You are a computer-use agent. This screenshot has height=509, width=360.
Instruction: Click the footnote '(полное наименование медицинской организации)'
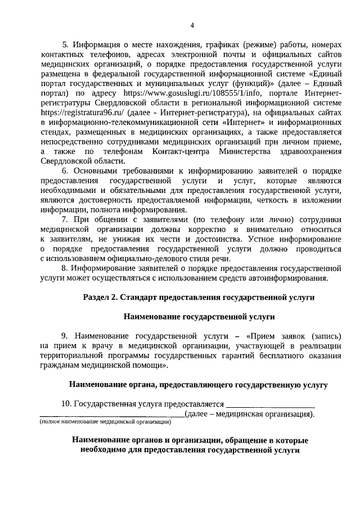click(x=105, y=421)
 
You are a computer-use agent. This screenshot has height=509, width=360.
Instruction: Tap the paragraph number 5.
click(x=64, y=43)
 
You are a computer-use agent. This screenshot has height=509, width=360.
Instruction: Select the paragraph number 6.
click(x=64, y=170)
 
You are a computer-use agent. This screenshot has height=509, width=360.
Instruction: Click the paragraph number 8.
click(x=64, y=268)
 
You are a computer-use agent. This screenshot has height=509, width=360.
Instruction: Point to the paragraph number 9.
click(x=64, y=336)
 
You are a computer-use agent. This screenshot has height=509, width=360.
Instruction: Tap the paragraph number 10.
click(x=66, y=404)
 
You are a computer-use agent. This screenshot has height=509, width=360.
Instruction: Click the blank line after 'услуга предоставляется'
click(x=270, y=404)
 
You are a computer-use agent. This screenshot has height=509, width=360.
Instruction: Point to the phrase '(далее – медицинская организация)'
click(x=250, y=414)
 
